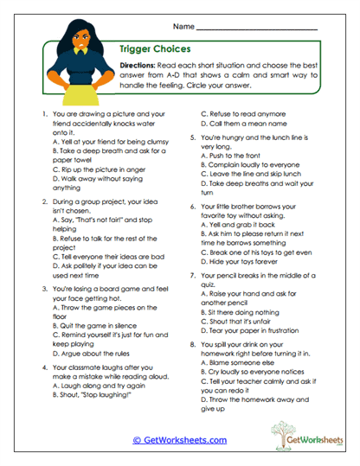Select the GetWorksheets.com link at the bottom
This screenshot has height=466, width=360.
click(185, 439)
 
